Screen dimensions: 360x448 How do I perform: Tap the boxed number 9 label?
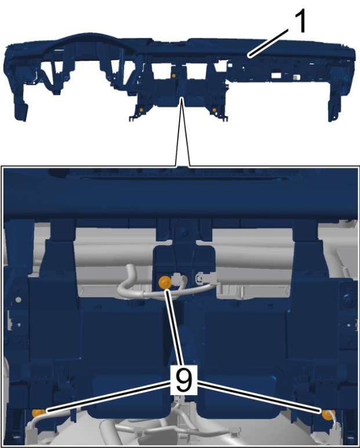click(183, 380)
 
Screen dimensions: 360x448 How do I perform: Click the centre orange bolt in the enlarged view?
click(165, 282)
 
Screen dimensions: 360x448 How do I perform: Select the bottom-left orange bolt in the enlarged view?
click(38, 413)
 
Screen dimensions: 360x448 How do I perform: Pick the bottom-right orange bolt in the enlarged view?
click(327, 415)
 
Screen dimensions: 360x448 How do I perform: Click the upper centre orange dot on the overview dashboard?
click(174, 76)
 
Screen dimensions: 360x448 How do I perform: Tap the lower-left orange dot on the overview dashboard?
click(141, 110)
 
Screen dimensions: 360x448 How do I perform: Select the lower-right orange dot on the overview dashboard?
click(214, 110)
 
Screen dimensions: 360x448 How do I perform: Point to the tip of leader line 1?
click(249, 57)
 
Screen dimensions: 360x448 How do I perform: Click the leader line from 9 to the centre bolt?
click(174, 327)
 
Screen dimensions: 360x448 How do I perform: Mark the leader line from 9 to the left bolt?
click(108, 396)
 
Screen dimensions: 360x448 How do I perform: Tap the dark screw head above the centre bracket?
click(184, 232)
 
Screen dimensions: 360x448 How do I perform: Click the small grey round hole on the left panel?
click(19, 300)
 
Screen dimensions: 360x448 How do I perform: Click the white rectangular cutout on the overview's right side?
click(276, 75)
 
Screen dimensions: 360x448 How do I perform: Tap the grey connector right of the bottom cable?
click(235, 431)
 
